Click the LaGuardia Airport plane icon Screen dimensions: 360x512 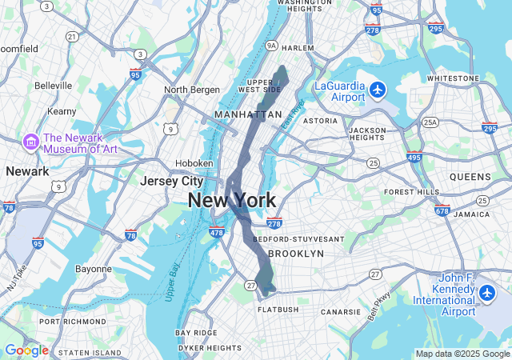coord(378,88)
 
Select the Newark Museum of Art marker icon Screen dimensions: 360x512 coord(32,142)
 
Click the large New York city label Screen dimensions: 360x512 coord(232,201)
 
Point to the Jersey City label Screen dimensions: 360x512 coord(171,182)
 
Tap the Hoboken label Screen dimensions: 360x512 coord(195,163)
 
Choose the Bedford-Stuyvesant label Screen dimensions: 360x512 coord(298,239)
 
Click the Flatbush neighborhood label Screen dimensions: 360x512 coord(278,310)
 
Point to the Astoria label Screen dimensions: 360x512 coord(320,121)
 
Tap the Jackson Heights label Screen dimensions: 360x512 coord(368,134)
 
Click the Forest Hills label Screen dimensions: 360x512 coord(411,192)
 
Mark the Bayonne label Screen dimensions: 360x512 coord(94,269)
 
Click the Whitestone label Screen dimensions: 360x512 coord(453,78)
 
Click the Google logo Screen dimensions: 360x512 coord(26,350)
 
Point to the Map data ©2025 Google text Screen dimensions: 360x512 coord(462,354)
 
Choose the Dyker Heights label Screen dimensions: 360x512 coord(210,348)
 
